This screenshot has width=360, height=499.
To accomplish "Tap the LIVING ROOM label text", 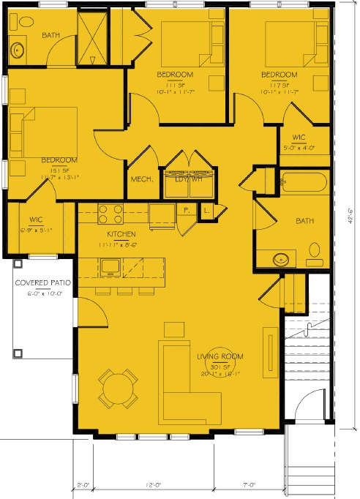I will (220, 356).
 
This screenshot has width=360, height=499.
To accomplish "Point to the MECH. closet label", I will (141, 179).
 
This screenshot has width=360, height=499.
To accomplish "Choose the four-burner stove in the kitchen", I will (110, 213).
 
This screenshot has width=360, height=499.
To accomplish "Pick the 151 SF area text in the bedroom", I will (59, 168).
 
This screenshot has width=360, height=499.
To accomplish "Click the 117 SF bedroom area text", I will (280, 83).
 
